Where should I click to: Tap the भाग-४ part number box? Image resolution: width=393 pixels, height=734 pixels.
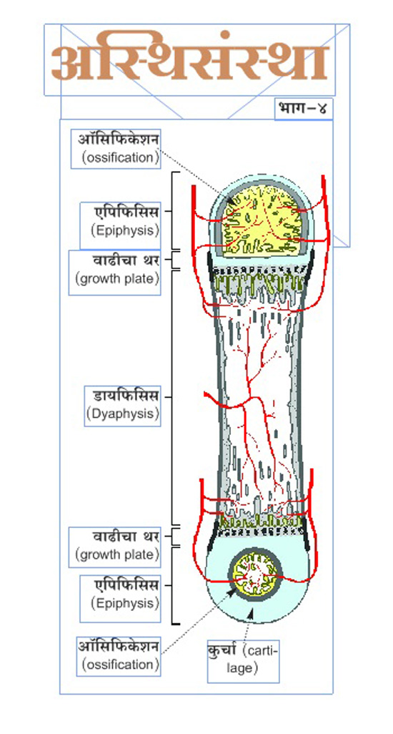pyautogui.click(x=303, y=109)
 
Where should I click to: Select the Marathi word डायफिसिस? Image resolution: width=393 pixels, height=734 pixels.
pyautogui.click(x=126, y=396)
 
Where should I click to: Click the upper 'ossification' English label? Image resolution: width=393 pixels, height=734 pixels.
pyautogui.click(x=121, y=157)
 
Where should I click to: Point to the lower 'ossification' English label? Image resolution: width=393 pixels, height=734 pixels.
pyautogui.click(x=121, y=665)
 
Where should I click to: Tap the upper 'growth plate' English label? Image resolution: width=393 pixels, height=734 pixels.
pyautogui.click(x=117, y=279)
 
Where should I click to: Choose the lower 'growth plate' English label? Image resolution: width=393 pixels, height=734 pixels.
pyautogui.click(x=117, y=555)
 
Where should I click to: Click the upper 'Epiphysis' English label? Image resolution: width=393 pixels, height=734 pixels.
pyautogui.click(x=126, y=230)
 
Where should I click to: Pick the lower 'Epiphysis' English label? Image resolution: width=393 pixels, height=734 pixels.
pyautogui.click(x=126, y=603)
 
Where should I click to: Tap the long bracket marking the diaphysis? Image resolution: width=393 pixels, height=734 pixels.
pyautogui.click(x=173, y=396)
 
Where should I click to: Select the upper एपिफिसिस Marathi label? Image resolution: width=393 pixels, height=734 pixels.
pyautogui.click(x=126, y=212)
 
